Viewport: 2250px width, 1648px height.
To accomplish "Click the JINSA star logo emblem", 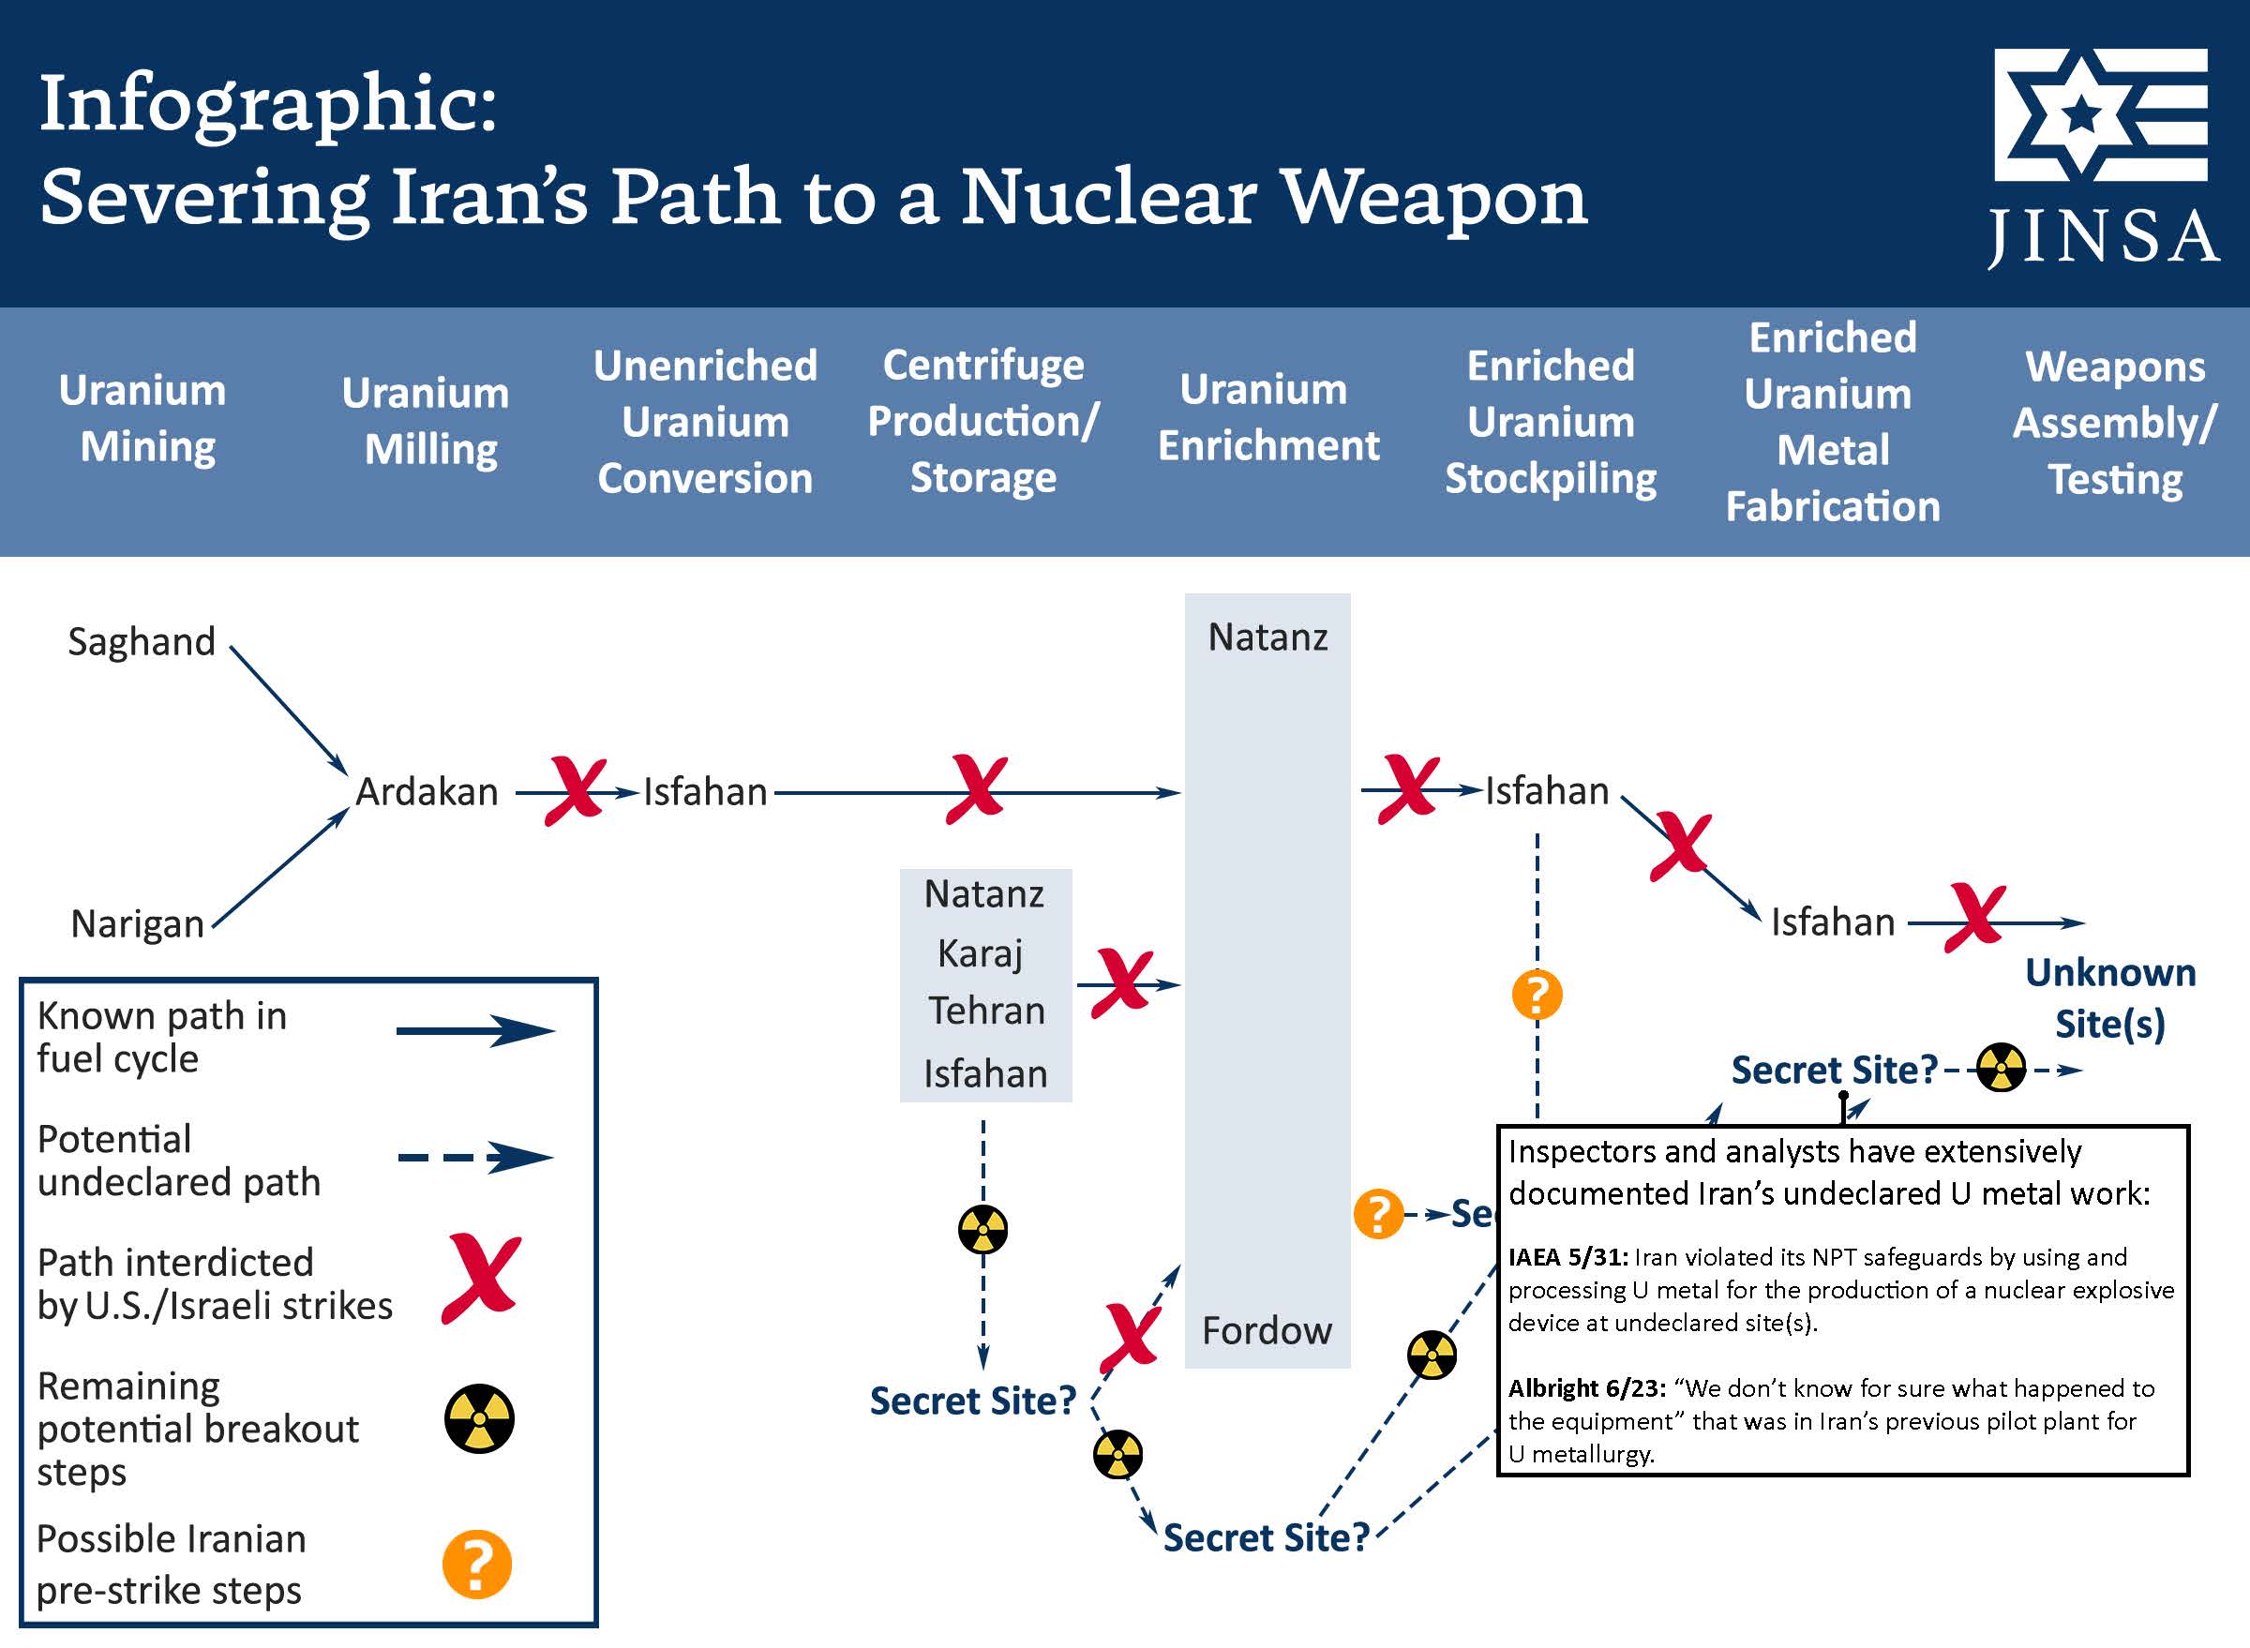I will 2099,113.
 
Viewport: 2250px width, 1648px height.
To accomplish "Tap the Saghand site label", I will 142,641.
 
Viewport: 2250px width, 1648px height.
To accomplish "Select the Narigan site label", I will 138,923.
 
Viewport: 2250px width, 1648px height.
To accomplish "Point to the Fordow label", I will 1267,1331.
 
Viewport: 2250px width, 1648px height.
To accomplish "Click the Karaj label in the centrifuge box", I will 981,953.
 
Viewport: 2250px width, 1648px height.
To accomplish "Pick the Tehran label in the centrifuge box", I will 986,1011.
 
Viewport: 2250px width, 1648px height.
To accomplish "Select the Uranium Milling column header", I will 426,421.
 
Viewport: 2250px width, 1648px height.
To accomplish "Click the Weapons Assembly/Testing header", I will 2114,423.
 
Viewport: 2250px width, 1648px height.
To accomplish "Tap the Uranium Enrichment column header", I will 1267,417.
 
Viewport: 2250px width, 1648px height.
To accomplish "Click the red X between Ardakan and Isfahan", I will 576,791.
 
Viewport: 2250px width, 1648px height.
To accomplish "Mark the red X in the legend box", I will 482,1278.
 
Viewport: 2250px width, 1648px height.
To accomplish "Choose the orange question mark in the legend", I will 477,1565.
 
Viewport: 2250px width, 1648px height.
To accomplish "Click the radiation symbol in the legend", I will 479,1417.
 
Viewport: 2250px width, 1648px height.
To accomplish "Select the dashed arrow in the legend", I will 475,1157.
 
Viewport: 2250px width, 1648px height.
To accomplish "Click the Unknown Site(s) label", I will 2110,998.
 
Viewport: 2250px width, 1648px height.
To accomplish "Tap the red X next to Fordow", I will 1131,1337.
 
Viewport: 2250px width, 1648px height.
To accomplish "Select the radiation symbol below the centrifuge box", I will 982,1229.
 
